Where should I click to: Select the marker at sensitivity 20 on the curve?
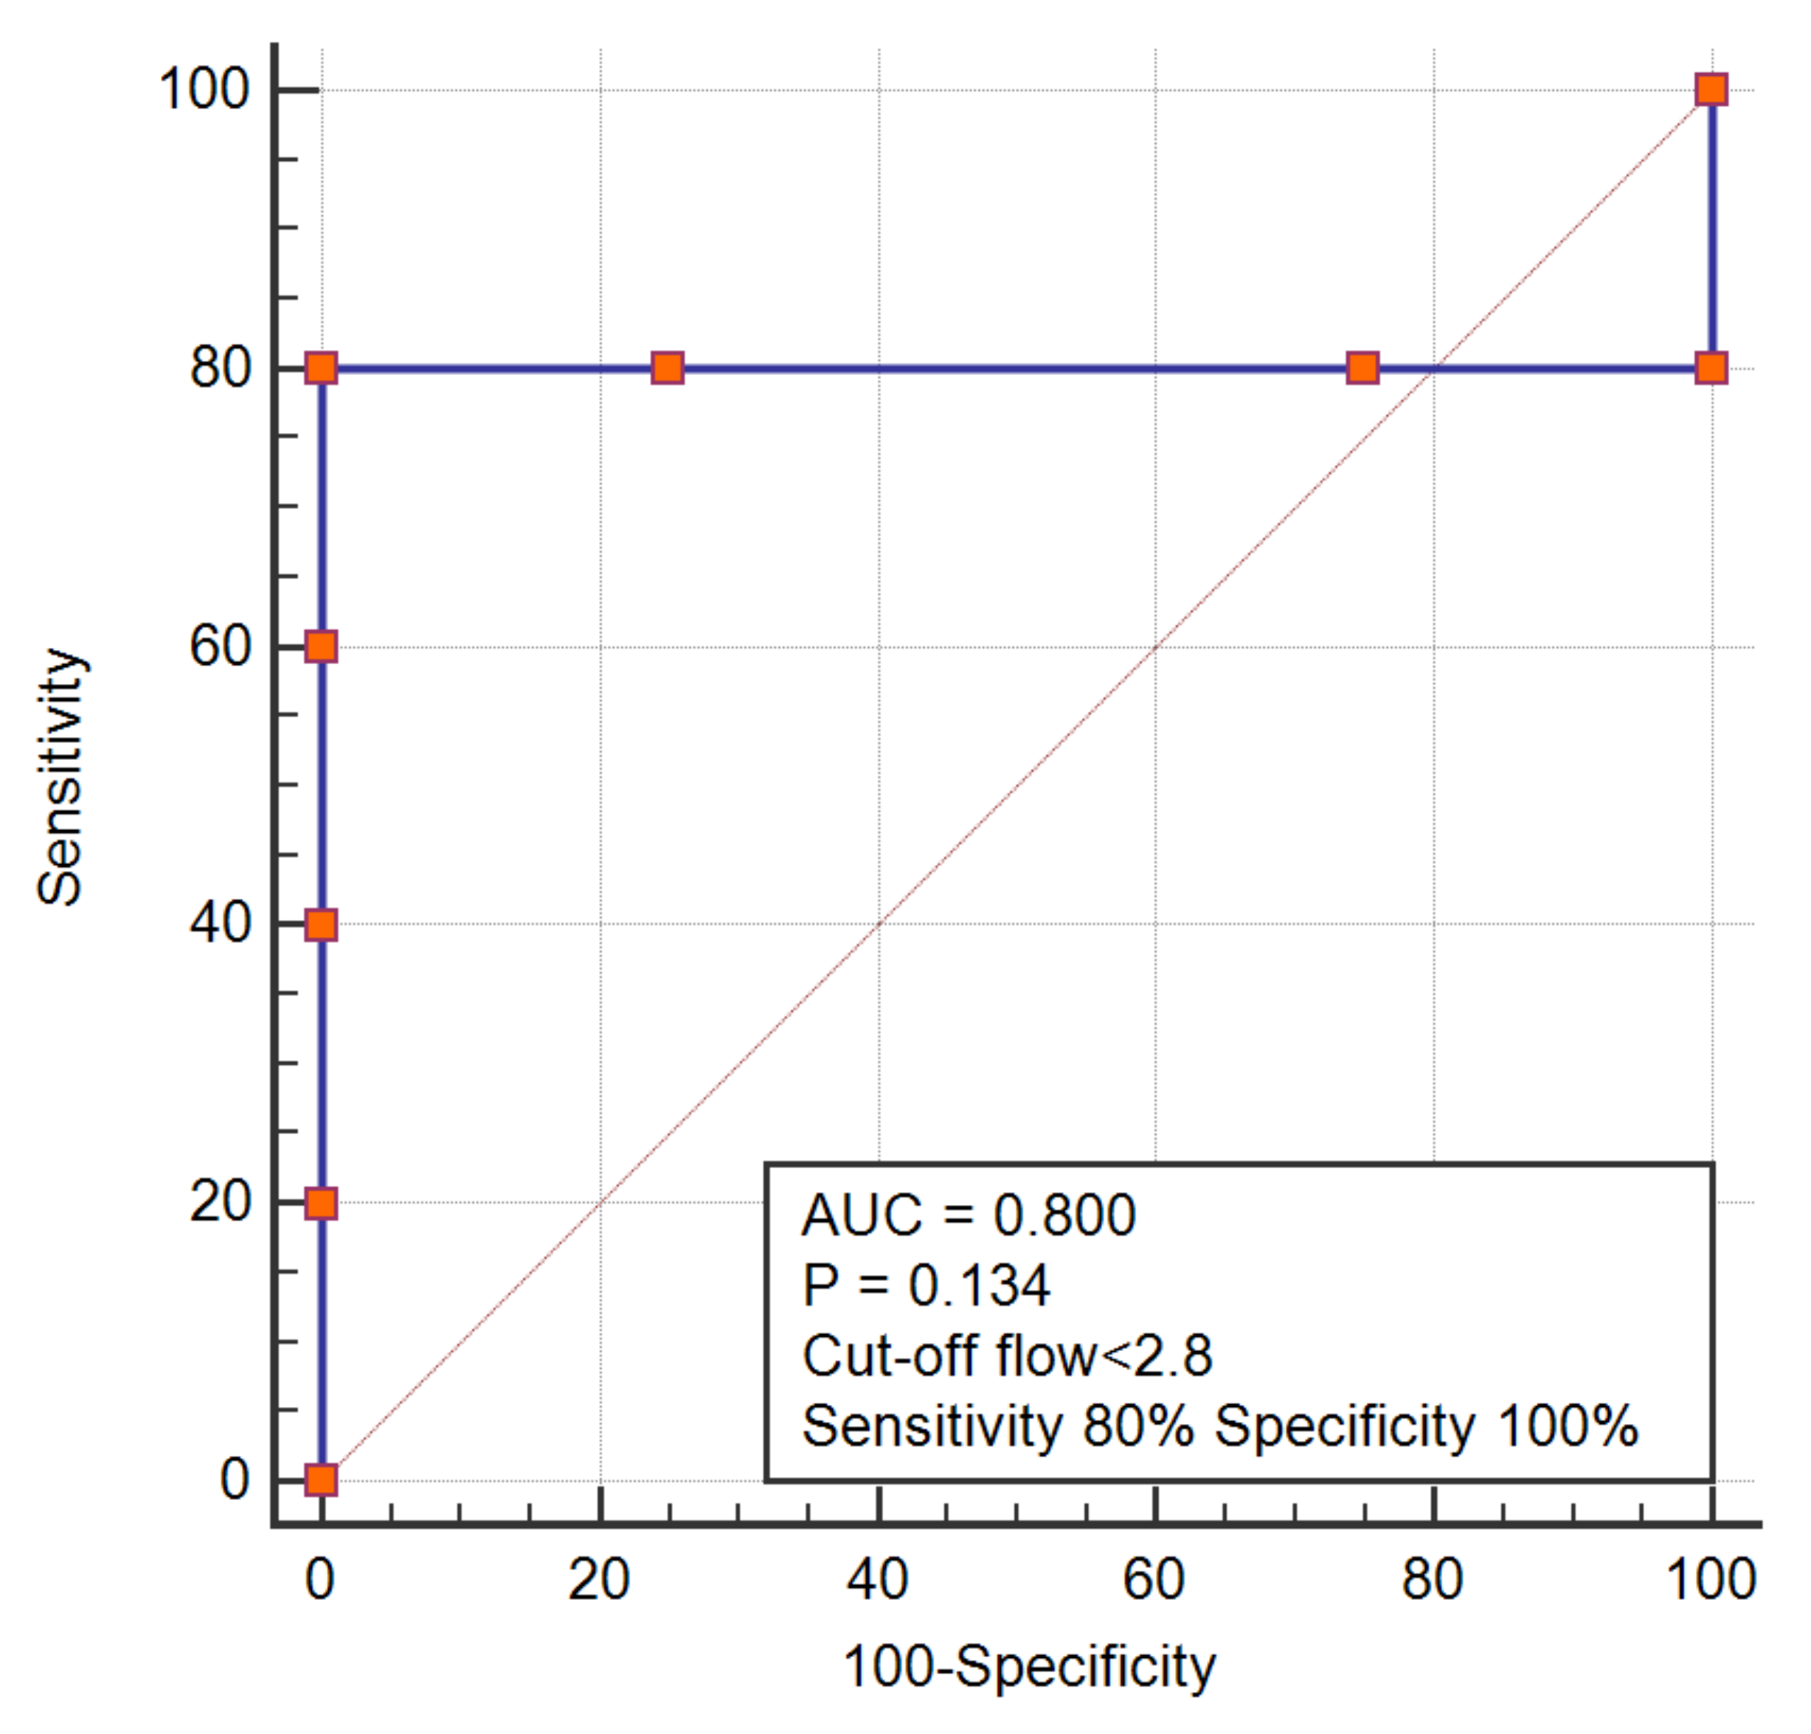[321, 1203]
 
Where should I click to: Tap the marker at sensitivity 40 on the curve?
[321, 925]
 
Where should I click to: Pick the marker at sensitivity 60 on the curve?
[321, 646]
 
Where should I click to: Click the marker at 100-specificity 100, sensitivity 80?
[1711, 368]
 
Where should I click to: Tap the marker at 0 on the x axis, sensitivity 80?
[321, 368]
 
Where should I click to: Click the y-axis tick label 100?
[204, 90]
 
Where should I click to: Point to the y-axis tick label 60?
[220, 646]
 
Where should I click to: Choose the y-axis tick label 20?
[220, 1203]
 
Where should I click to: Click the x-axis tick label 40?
[878, 1580]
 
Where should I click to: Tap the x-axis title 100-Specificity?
[1029, 1668]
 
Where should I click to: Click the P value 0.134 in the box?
[980, 1285]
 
